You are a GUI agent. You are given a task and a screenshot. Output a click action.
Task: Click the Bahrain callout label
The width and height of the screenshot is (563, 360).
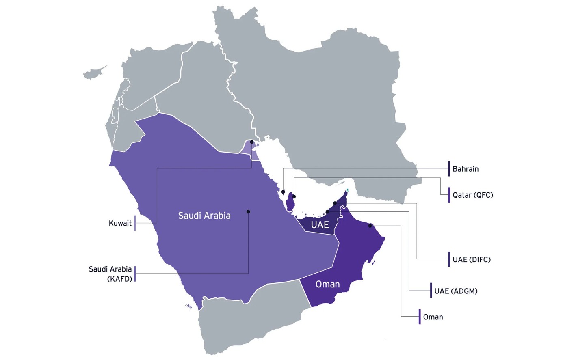click(x=466, y=169)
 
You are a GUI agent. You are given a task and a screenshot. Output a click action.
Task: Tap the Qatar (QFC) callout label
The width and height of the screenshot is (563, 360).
click(x=473, y=195)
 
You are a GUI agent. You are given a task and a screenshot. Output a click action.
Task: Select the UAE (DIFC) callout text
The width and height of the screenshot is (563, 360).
click(x=472, y=259)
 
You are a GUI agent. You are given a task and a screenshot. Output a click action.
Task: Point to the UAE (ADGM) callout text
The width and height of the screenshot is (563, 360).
click(x=456, y=291)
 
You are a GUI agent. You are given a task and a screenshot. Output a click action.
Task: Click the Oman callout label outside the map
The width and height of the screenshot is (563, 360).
click(x=433, y=317)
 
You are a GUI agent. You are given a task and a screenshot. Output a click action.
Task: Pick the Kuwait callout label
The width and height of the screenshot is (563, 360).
click(x=120, y=223)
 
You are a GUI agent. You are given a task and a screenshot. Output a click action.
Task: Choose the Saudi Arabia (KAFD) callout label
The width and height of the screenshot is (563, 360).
click(x=110, y=274)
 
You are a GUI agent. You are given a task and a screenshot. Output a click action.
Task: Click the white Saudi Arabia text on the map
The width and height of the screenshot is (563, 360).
click(x=204, y=216)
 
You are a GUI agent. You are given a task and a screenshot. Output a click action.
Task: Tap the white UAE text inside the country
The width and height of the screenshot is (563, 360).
click(x=320, y=224)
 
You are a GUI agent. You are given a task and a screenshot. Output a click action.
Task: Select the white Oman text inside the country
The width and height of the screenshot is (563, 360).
click(x=327, y=284)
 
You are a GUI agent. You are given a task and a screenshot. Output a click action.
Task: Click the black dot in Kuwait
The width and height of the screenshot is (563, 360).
click(x=252, y=142)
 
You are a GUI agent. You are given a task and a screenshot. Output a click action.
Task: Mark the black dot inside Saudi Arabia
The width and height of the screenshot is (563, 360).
click(x=248, y=211)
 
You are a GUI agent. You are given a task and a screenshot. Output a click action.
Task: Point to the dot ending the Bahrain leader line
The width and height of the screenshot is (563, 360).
click(x=283, y=192)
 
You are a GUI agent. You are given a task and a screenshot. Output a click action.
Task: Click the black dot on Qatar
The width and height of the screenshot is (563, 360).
click(x=294, y=197)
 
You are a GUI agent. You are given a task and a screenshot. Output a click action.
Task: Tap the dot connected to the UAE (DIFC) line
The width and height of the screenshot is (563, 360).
click(x=335, y=203)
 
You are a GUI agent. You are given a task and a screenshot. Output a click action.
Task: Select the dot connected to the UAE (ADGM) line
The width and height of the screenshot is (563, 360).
click(x=327, y=211)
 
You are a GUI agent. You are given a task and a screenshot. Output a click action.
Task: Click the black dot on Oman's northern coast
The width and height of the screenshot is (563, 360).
click(x=370, y=226)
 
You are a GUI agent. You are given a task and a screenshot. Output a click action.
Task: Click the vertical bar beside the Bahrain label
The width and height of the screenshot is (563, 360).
click(x=449, y=168)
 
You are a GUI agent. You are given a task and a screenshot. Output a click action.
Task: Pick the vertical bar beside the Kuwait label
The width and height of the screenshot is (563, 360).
click(x=135, y=223)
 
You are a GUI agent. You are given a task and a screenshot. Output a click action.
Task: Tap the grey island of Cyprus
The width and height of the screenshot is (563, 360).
click(x=94, y=73)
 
